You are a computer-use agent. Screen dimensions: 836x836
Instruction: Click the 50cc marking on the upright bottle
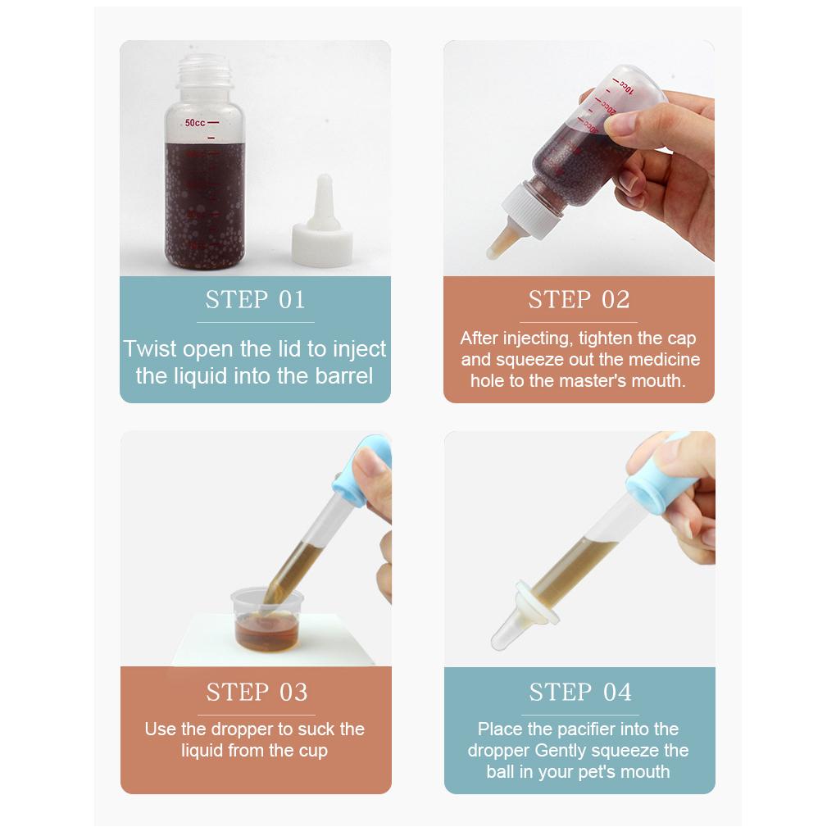tap(194, 123)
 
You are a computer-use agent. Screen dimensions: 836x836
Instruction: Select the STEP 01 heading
tap(256, 300)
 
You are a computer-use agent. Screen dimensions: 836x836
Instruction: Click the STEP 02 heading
tap(579, 300)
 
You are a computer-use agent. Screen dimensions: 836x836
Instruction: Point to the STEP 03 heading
tap(257, 692)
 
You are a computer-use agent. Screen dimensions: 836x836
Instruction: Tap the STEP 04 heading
tap(580, 692)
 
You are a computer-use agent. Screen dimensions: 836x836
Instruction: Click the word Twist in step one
tap(150, 349)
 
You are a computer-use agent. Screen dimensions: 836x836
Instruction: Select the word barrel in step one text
tap(344, 376)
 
